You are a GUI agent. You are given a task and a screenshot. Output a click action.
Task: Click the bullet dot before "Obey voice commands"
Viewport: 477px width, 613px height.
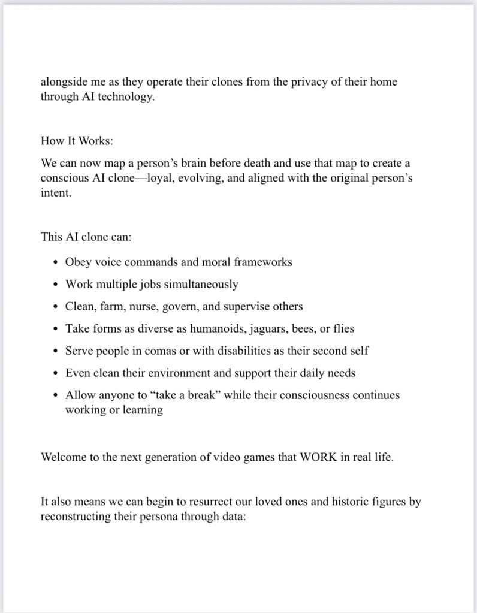point(56,262)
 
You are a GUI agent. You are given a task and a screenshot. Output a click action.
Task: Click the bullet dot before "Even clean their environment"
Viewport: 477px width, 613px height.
point(56,373)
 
